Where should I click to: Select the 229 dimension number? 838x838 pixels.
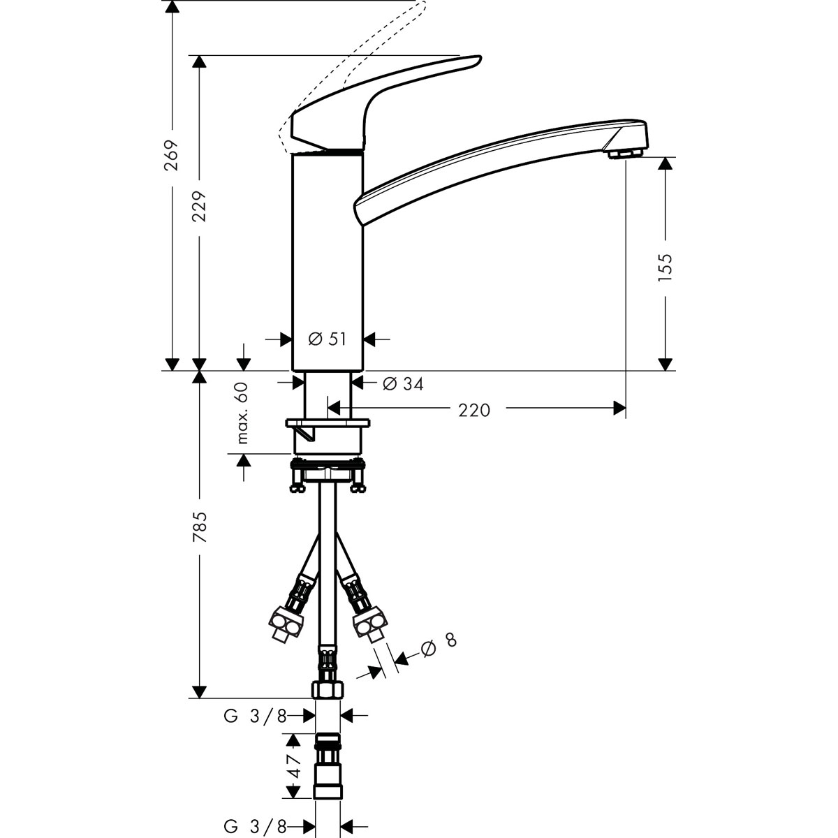(x=200, y=207)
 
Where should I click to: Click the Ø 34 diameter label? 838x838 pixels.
(x=403, y=383)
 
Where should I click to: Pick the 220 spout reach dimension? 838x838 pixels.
(x=475, y=410)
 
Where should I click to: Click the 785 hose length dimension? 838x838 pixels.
(x=200, y=528)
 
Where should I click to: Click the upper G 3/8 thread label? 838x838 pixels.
(x=255, y=716)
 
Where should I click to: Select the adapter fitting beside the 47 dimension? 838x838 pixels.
(x=328, y=766)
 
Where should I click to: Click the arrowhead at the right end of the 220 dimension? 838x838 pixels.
(x=619, y=407)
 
